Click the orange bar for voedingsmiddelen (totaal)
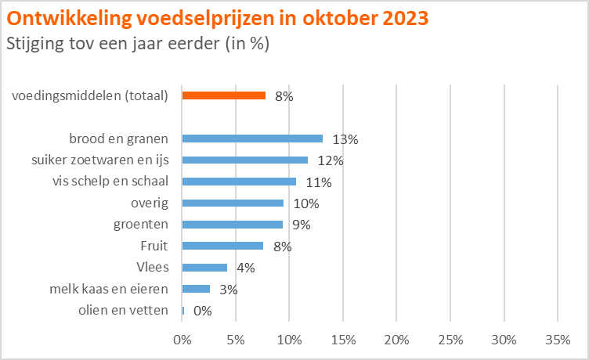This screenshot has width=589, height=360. click(224, 95)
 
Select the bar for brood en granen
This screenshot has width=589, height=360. click(252, 139)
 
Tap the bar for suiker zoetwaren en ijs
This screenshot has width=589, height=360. click(245, 160)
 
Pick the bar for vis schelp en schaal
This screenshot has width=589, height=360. click(239, 182)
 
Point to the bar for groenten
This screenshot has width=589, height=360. click(233, 225)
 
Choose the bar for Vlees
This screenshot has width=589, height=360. click(204, 267)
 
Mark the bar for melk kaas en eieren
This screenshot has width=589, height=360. click(196, 289)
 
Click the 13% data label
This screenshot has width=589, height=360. click(345, 140)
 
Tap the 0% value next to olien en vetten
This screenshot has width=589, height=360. click(203, 311)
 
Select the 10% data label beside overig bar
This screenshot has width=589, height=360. click(306, 204)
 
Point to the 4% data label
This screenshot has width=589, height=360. click(246, 268)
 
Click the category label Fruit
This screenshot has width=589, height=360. click(153, 246)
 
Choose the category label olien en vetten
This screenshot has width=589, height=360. click(124, 310)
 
